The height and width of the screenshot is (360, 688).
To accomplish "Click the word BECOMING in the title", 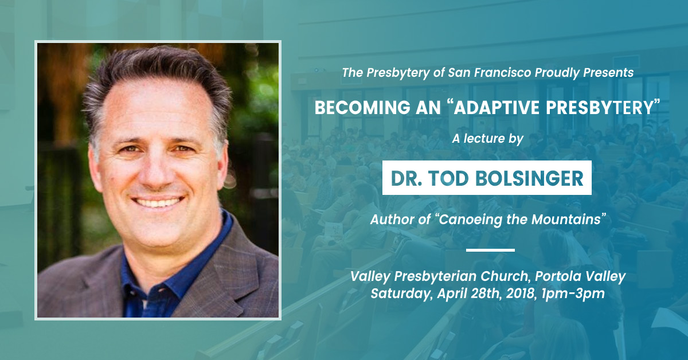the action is [362, 108].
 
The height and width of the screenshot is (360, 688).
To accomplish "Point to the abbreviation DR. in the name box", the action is [406, 178].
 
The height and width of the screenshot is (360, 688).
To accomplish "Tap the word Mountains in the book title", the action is [566, 220].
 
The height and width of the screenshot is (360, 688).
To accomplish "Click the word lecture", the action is [484, 139].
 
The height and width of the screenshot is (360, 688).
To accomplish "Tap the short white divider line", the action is [490, 250].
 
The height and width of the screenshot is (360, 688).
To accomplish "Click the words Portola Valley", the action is [580, 276].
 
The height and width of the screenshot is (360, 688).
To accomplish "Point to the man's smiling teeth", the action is [158, 203].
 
